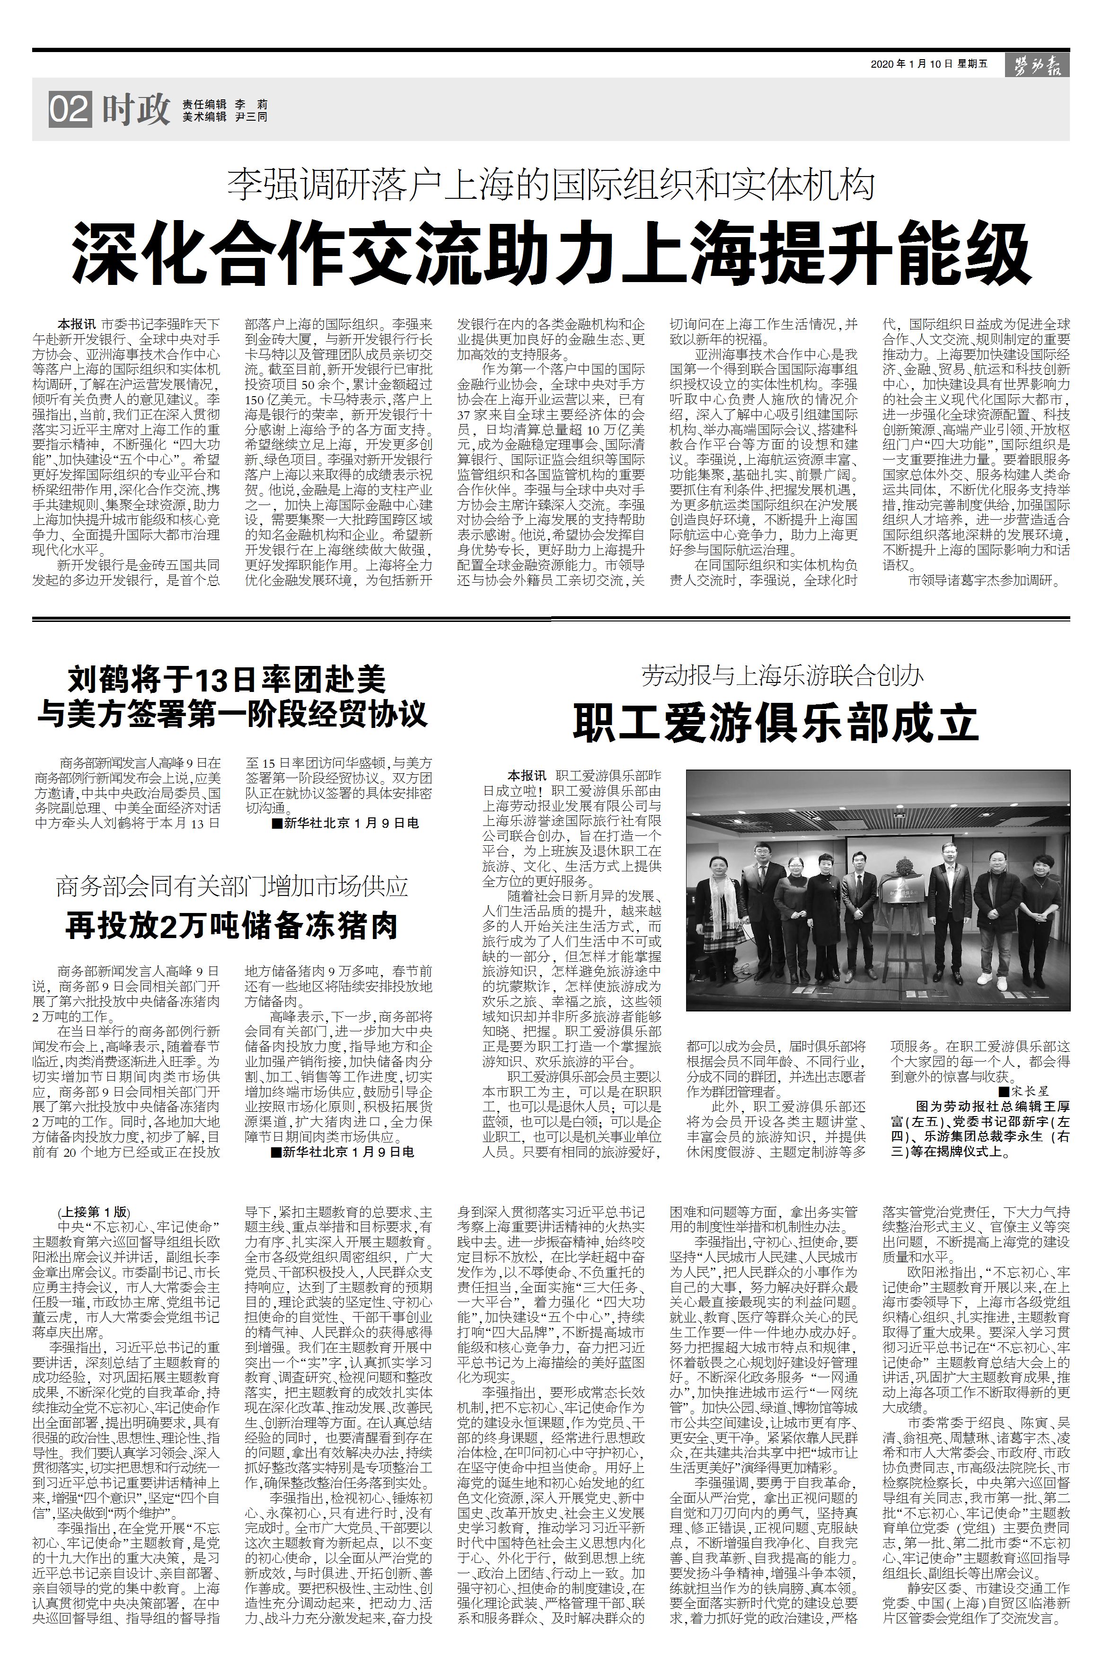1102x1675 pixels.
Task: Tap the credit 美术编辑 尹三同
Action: tap(224, 117)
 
